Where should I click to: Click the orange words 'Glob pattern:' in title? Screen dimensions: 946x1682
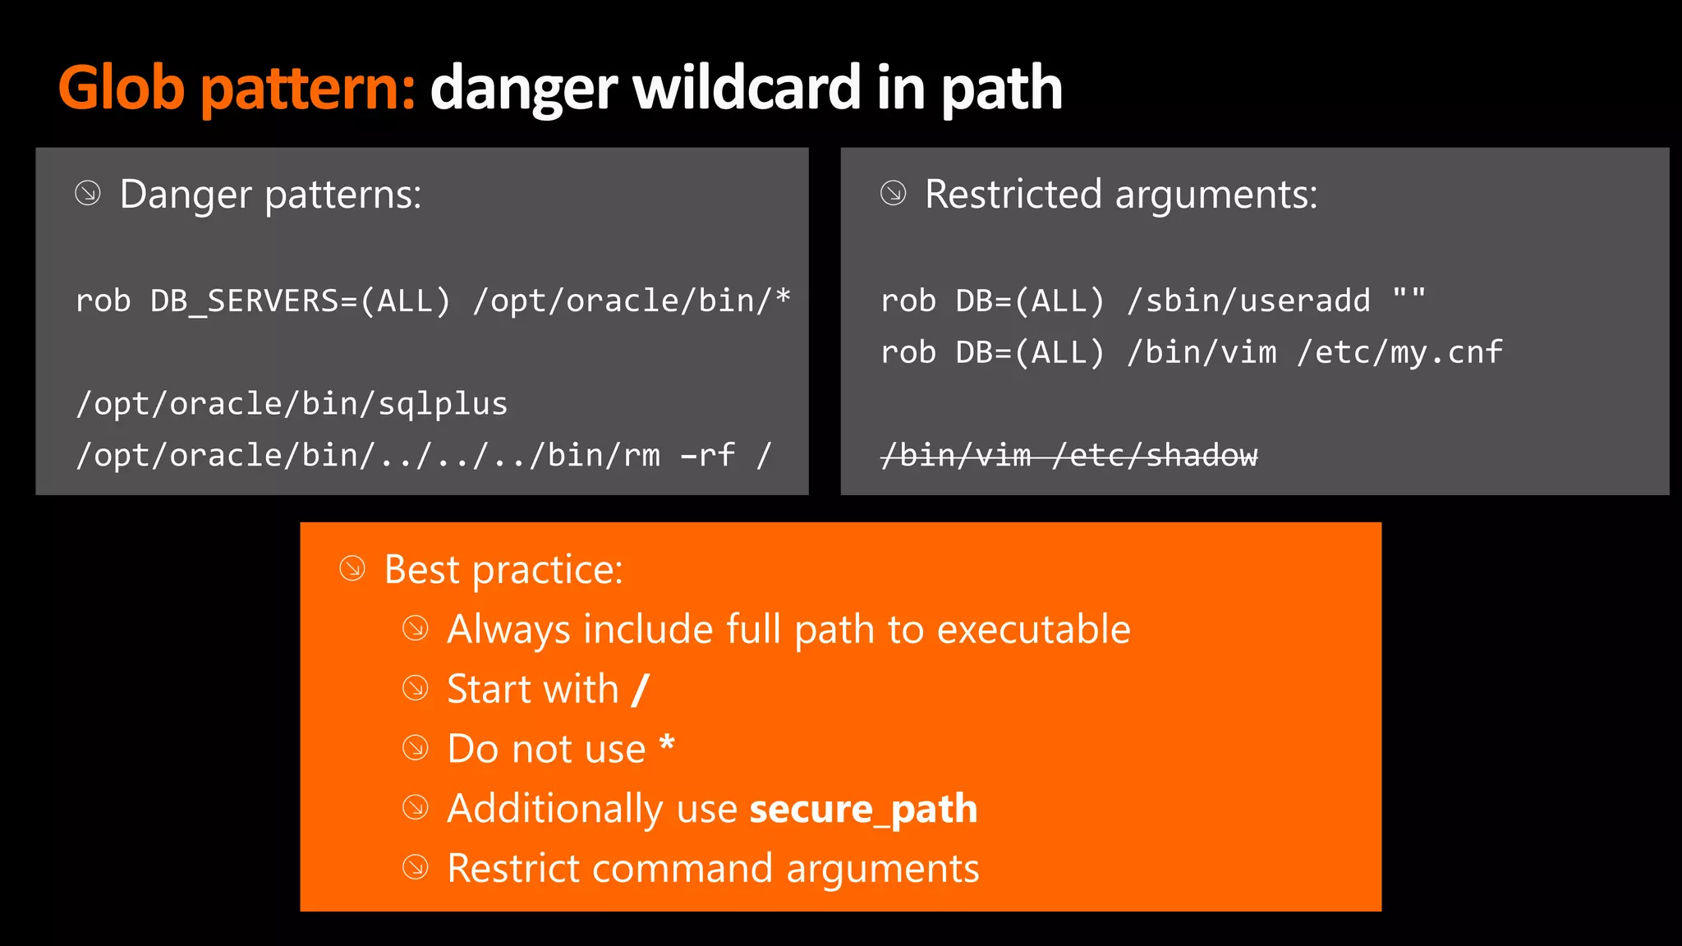click(237, 89)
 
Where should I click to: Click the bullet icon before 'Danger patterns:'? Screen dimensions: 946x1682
click(88, 194)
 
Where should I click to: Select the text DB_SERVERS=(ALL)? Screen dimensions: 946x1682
click(301, 301)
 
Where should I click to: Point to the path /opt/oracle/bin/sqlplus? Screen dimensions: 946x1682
click(292, 404)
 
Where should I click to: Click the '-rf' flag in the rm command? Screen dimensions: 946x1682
click(708, 455)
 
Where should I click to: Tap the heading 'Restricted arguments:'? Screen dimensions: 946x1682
click(1120, 195)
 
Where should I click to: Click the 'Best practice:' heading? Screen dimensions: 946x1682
click(503, 569)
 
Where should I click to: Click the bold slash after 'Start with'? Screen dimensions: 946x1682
click(641, 689)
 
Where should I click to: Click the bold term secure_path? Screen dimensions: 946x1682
click(863, 809)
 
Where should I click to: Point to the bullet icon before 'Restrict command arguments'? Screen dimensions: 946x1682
click(416, 867)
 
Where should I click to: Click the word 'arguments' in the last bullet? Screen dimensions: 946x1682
click(883, 869)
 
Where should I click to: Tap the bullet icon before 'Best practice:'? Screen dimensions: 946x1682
click(352, 568)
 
